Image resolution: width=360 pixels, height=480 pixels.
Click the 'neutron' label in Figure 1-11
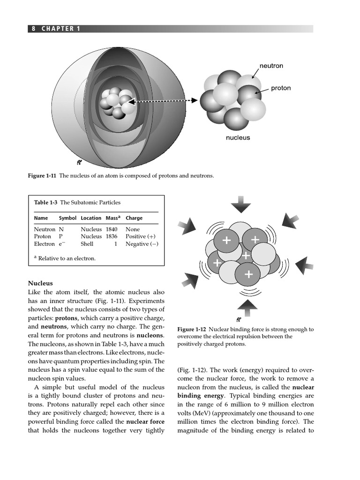[271, 66]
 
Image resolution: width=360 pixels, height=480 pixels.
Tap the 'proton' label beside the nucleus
[281, 88]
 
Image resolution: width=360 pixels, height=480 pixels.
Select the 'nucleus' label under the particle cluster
[238, 138]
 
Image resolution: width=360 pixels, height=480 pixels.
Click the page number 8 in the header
[34, 29]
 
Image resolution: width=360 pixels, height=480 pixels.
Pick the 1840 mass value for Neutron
[112, 230]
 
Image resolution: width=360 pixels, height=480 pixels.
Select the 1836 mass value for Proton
[112, 237]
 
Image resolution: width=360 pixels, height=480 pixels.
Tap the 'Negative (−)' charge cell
[142, 244]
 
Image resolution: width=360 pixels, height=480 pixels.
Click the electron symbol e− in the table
[62, 244]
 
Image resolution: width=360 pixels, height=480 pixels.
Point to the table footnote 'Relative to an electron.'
[67, 258]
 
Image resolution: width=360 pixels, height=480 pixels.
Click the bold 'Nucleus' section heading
[40, 283]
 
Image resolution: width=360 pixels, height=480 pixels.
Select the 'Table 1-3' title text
[45, 202]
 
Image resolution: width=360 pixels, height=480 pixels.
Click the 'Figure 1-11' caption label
[42, 176]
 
